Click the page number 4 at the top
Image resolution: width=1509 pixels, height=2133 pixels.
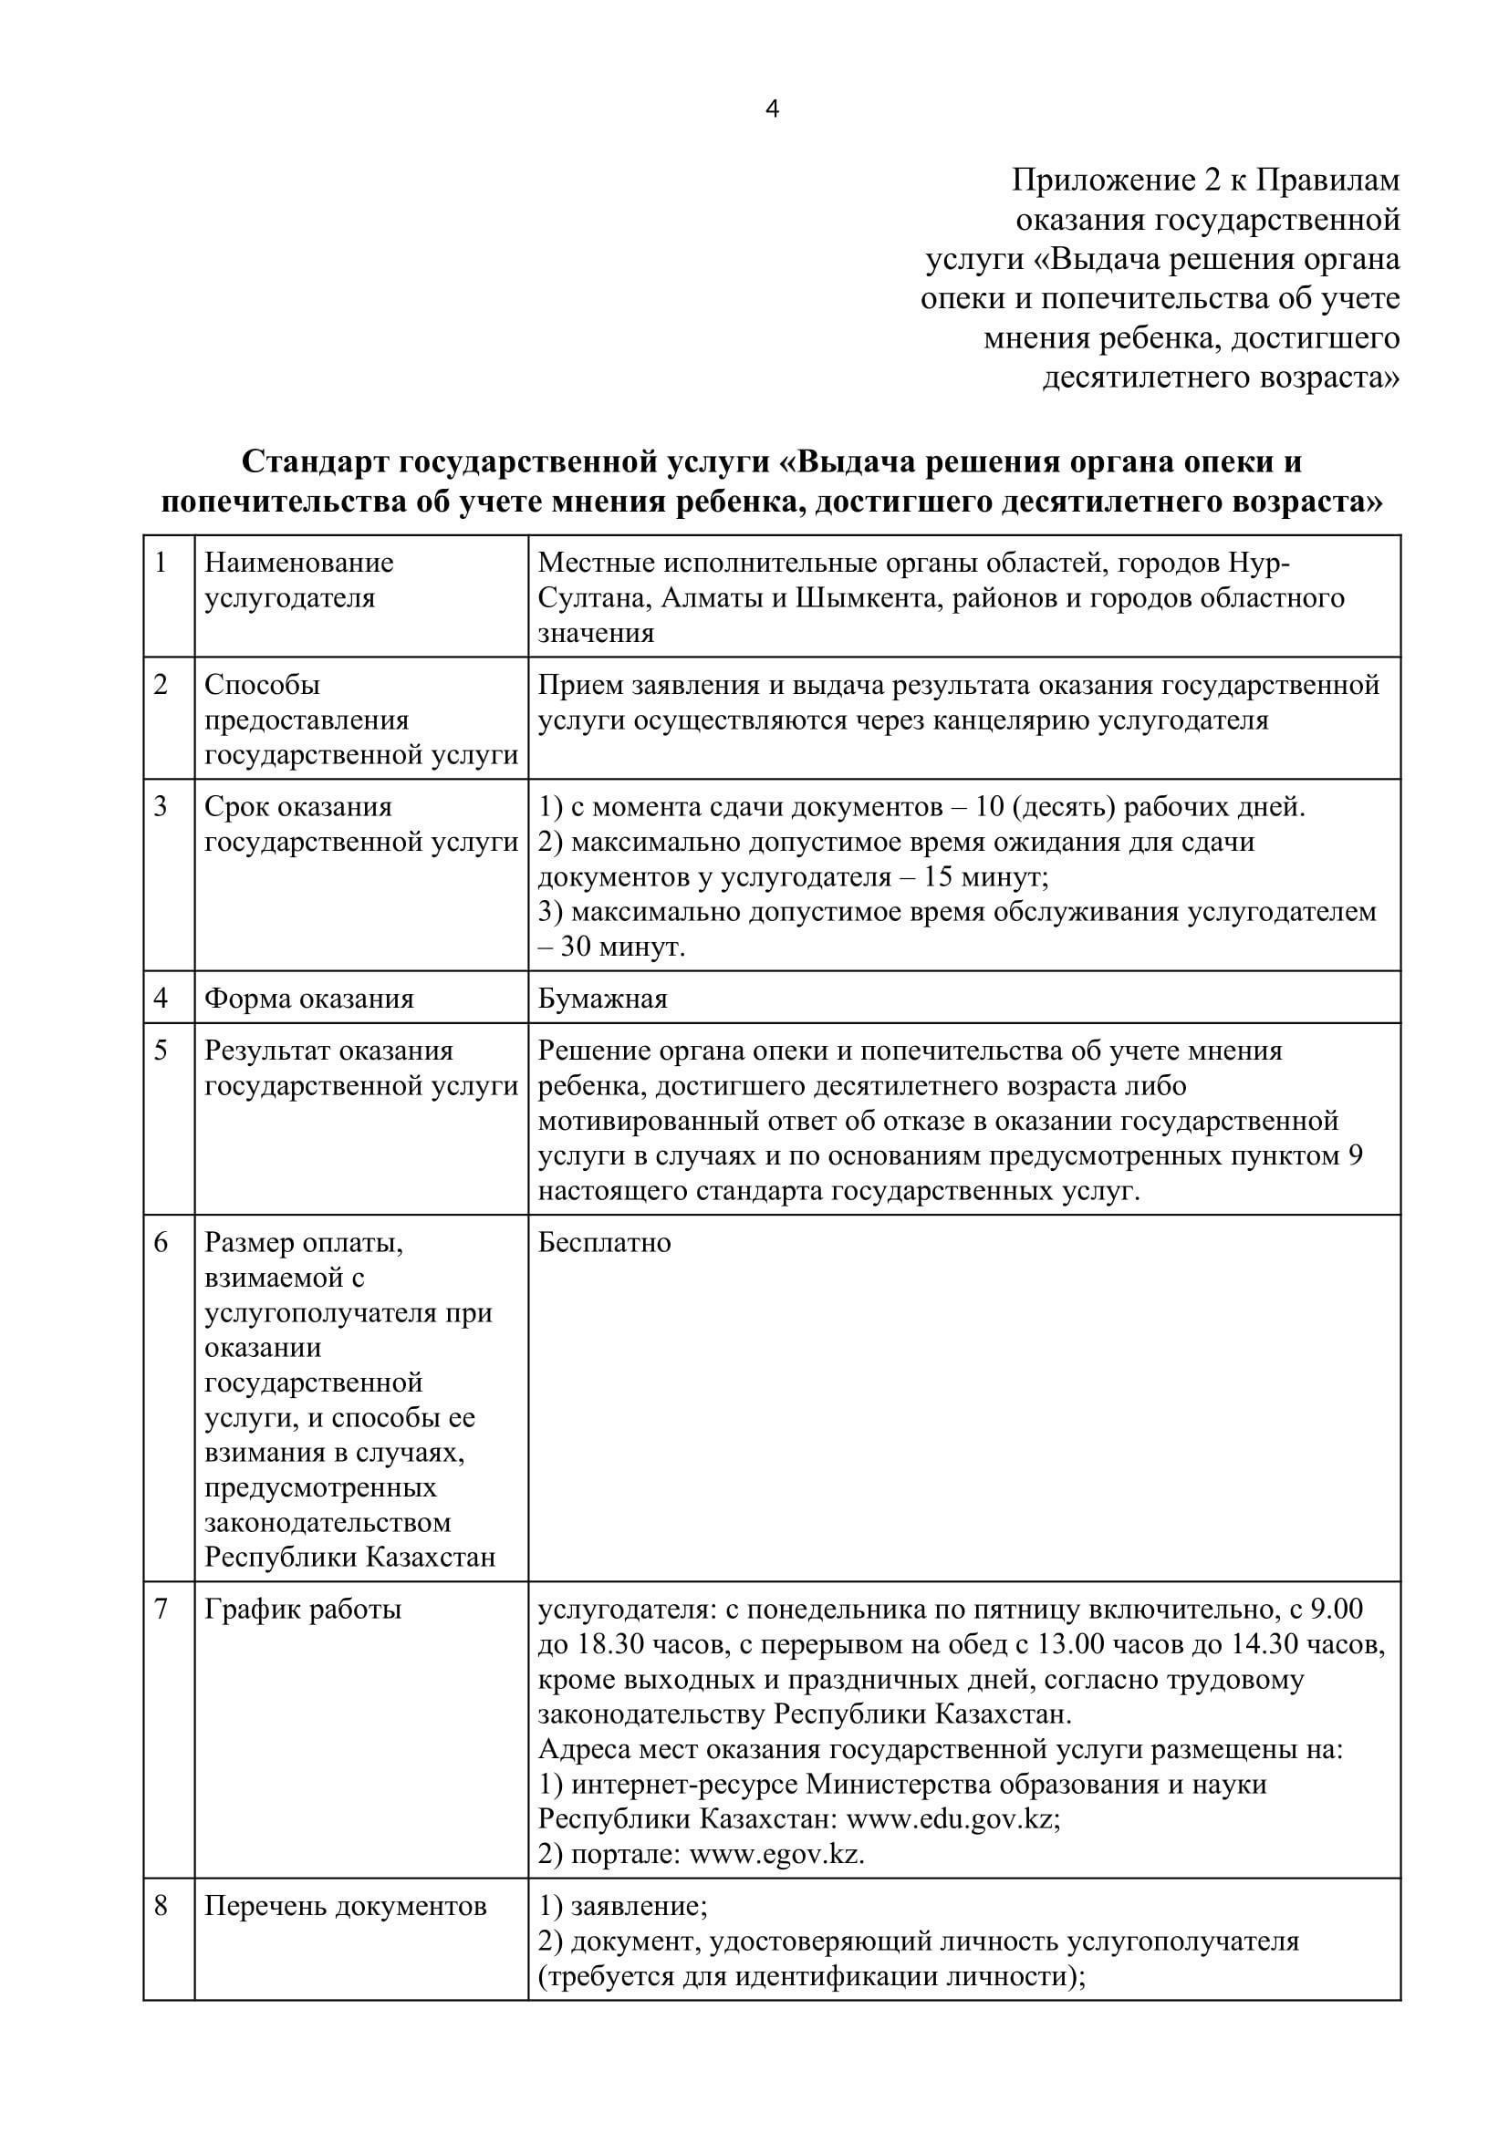(x=772, y=109)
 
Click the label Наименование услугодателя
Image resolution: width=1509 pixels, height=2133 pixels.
(x=299, y=580)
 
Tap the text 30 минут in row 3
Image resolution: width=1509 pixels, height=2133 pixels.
(x=621, y=947)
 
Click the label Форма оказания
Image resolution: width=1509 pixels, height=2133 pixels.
(x=308, y=999)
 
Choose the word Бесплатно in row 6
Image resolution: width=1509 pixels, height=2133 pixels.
(x=604, y=1243)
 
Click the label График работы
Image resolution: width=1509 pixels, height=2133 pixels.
(x=303, y=1609)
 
